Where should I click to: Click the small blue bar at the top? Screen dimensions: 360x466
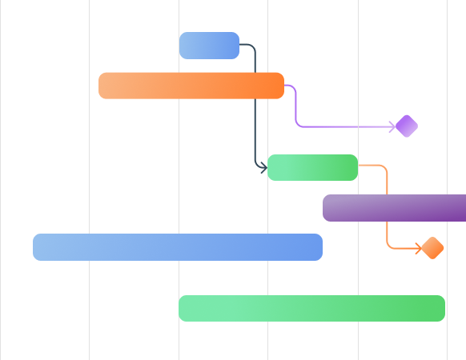tap(209, 46)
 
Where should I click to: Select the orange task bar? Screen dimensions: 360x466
tap(191, 86)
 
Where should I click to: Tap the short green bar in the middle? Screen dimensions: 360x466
tap(313, 167)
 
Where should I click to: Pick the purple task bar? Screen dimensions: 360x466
tap(394, 208)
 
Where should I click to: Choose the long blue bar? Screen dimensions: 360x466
tap(177, 247)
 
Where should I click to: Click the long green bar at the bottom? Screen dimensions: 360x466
tap(311, 308)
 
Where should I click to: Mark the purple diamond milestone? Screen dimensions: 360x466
tap(407, 126)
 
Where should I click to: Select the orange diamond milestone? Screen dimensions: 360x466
tap(432, 248)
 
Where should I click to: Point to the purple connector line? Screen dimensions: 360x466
tap(344, 126)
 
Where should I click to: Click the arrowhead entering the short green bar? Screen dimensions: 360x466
tap(263, 167)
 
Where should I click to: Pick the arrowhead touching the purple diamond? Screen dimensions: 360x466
tap(392, 126)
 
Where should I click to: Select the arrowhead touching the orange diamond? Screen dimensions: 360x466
tap(418, 248)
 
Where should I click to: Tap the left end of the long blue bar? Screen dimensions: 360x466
tap(37, 247)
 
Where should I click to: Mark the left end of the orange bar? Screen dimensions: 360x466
tap(102, 86)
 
